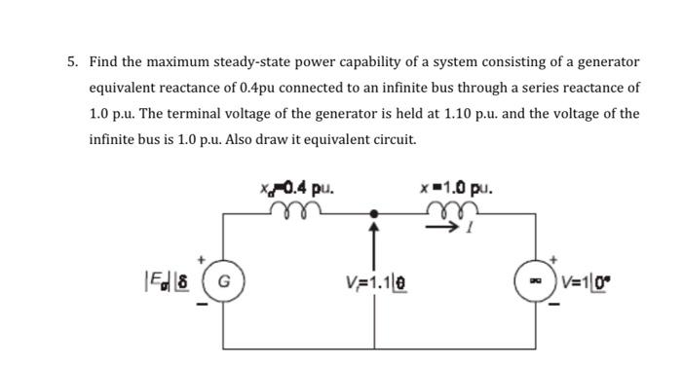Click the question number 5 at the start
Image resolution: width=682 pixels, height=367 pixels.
73,62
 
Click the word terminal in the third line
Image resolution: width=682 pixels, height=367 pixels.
191,113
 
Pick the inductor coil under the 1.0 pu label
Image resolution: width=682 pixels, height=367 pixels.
456,207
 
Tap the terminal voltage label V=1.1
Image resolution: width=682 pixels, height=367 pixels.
372,289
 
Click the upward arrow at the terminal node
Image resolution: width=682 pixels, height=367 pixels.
372,243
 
